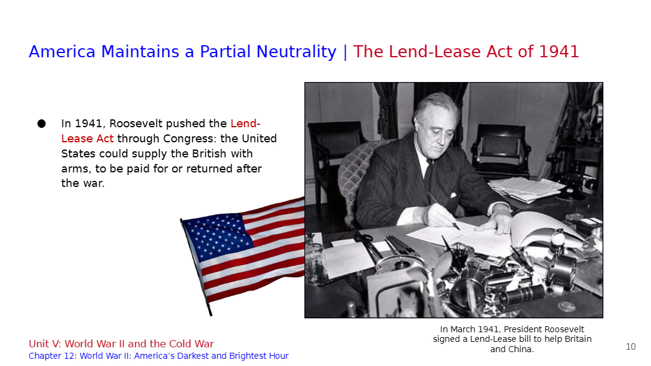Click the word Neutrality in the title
coord(297,52)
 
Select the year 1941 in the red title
coord(559,52)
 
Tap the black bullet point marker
coord(42,124)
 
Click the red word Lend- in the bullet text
coord(245,124)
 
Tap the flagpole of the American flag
coord(195,267)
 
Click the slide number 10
coord(631,347)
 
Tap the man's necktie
coord(429,174)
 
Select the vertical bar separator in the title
coord(345,52)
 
